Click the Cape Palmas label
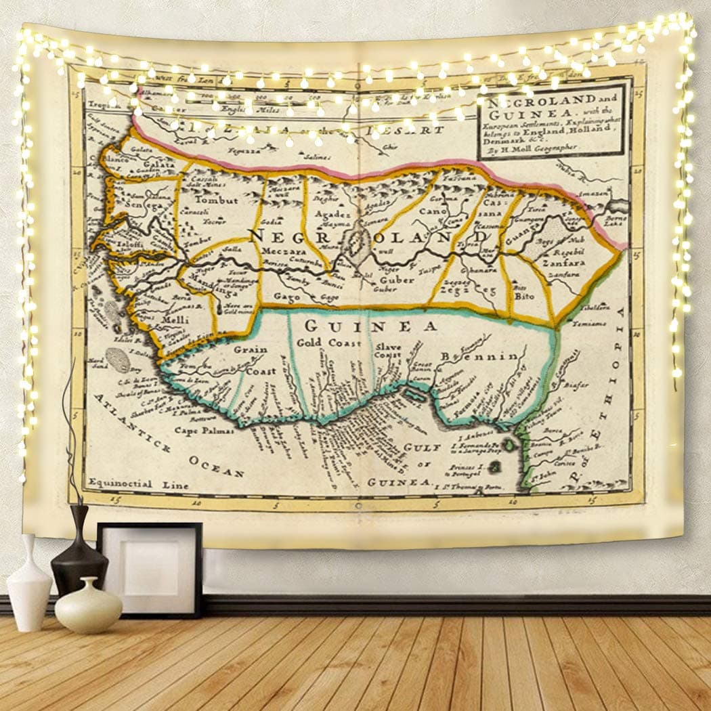click(x=204, y=429)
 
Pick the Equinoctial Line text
click(x=128, y=484)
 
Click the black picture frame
click(x=150, y=569)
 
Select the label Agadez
click(x=330, y=214)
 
